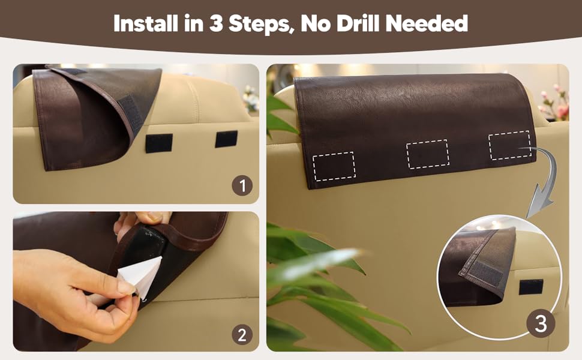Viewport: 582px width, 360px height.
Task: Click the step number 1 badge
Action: click(242, 185)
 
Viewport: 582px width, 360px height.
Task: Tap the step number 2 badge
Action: click(242, 335)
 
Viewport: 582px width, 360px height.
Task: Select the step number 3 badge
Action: click(541, 323)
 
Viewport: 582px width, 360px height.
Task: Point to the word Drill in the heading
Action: click(359, 23)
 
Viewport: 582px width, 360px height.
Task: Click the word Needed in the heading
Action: click(427, 23)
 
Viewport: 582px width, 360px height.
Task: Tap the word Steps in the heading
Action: click(259, 24)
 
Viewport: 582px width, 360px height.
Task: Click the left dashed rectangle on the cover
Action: click(334, 166)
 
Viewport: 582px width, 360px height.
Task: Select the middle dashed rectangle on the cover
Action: click(428, 154)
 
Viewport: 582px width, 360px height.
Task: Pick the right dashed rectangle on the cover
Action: click(510, 145)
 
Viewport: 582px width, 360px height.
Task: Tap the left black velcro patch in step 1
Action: click(159, 143)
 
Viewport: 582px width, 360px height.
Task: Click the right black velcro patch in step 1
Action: click(226, 139)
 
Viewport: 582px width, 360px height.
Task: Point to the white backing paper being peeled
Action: click(140, 277)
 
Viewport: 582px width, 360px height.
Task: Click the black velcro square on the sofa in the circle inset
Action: click(531, 287)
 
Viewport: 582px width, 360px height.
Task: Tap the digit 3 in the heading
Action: click(215, 23)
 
